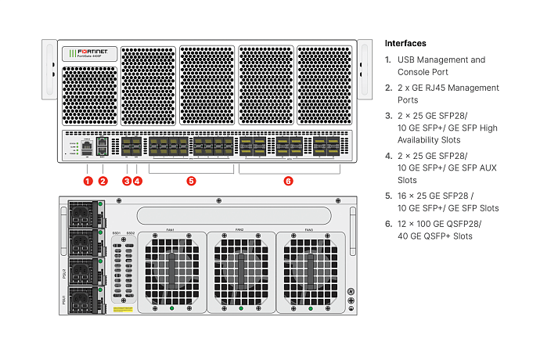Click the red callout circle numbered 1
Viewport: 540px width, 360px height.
point(88,181)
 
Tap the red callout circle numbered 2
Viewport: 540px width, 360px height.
point(103,181)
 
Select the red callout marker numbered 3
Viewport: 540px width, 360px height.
point(127,181)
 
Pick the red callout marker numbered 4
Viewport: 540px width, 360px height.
point(138,181)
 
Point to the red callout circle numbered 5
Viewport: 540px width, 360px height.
point(191,181)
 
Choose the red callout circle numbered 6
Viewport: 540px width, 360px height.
point(288,181)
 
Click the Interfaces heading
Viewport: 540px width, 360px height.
point(405,43)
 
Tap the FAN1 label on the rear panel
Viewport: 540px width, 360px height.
point(171,230)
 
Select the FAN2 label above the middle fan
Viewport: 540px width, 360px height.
point(239,230)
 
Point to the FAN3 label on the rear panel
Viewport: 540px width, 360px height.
point(309,230)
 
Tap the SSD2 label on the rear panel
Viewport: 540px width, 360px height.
point(131,233)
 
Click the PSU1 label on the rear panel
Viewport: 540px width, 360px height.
point(64,300)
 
